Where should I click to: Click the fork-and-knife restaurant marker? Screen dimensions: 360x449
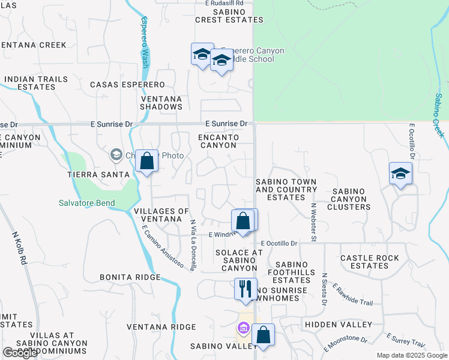point(246,290)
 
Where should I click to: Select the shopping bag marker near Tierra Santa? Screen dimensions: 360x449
point(146,161)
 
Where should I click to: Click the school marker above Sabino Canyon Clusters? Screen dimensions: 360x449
point(400,174)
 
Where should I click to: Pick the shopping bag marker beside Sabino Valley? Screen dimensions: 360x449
point(263,335)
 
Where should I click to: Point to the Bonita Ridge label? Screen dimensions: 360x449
point(131,277)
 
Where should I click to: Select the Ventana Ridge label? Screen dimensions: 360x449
point(161,327)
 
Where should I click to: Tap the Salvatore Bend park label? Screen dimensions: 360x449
point(86,203)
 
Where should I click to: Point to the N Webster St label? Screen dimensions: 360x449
point(313,222)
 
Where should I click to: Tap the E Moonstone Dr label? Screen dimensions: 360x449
point(345,343)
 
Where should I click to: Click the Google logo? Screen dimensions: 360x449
point(20,353)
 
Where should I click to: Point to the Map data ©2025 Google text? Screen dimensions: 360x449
point(411,355)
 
